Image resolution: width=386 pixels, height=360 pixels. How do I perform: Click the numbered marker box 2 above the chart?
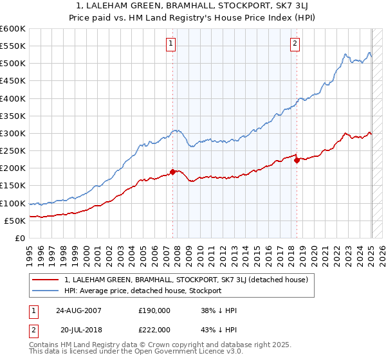(295, 44)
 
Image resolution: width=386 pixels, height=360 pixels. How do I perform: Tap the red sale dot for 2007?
(172, 172)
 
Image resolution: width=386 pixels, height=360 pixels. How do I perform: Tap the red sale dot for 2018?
(297, 161)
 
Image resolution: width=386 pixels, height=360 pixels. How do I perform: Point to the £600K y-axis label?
(12, 29)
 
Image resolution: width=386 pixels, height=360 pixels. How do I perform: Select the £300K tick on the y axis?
(12, 134)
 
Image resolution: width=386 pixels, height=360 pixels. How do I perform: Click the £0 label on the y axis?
(19, 238)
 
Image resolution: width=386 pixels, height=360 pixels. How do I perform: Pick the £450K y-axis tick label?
(12, 81)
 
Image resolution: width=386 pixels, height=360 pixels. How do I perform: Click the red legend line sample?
(45, 280)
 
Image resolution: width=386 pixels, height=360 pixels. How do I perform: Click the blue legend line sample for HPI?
(45, 291)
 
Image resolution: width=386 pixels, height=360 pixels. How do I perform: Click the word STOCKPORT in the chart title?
(223, 6)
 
